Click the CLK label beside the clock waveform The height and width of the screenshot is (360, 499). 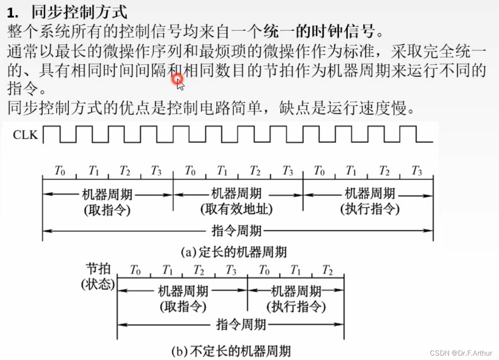(26, 135)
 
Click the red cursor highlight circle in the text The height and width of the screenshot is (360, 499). (177, 80)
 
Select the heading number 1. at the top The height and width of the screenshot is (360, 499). (12, 13)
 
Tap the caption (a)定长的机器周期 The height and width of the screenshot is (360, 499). (234, 252)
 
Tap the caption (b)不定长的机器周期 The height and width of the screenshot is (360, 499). (231, 351)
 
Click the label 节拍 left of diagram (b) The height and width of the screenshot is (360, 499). (98, 268)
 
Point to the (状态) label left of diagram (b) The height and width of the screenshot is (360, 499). (98, 284)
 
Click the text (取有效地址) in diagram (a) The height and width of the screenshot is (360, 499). (236, 209)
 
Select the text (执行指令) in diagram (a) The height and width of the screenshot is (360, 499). (370, 209)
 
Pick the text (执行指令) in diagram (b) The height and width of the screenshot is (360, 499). (296, 307)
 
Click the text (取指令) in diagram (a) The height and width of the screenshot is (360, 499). (107, 210)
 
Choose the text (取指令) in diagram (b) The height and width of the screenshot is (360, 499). (183, 307)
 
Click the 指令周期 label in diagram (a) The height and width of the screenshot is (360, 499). (237, 230)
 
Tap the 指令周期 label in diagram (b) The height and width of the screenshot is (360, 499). (241, 325)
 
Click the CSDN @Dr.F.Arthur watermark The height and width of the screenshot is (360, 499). (461, 352)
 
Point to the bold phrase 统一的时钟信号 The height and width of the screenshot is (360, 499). (319, 31)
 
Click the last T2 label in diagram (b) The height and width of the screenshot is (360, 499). (328, 270)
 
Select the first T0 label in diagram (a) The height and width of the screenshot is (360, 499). (60, 170)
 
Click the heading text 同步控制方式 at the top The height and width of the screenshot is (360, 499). (79, 12)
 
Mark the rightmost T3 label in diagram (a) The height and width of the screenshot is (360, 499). (417, 170)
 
